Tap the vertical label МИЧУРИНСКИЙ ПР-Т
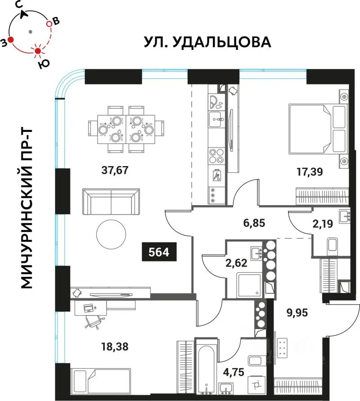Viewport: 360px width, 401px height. coord(28,208)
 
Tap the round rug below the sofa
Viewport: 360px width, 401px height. coord(111,234)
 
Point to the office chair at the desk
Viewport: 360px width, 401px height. coord(93,320)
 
